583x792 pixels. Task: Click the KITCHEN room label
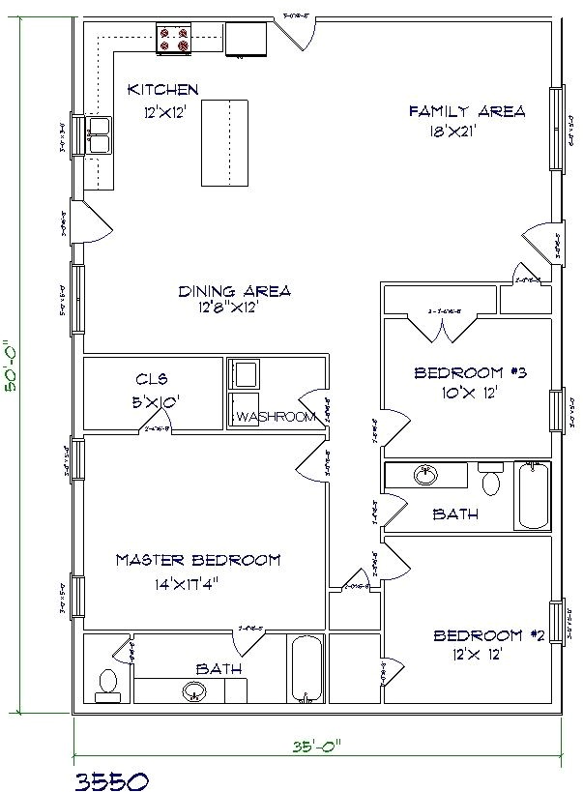163,90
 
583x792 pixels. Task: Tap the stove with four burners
176,39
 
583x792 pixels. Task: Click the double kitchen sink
100,136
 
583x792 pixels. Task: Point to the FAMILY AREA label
467,111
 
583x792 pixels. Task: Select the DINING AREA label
235,290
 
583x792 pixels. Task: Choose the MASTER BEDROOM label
198,560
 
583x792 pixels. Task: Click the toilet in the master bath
106,684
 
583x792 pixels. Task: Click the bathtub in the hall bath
532,495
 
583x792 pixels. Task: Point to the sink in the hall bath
425,476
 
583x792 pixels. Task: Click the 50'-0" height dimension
13,365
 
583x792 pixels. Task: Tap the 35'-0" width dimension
314,745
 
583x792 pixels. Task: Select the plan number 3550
110,778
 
